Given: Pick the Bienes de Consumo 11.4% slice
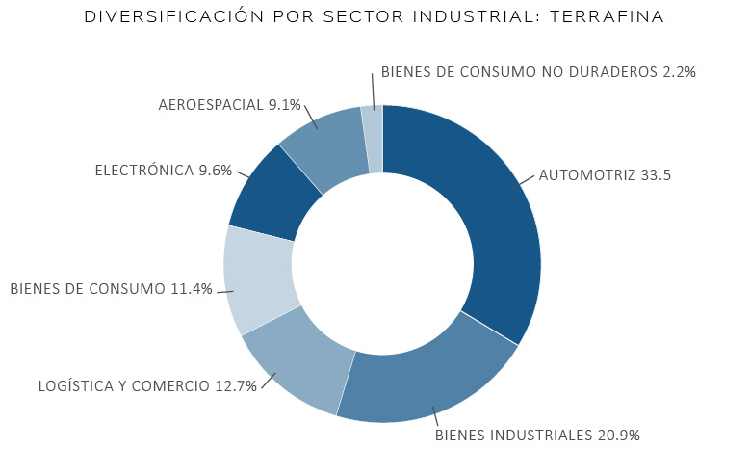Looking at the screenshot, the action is pos(259,280).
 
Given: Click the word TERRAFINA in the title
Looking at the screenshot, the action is pos(607,16).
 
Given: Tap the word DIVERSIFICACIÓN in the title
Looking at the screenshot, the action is pos(174,16).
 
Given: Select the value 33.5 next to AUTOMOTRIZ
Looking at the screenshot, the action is pos(656,175).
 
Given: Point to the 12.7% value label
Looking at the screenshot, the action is pos(236,386).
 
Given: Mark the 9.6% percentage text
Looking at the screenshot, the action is pos(216,171).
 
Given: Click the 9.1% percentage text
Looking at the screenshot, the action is pos(284,105).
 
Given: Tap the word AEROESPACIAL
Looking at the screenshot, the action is pos(211,105).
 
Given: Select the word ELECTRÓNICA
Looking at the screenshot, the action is pos(144,170).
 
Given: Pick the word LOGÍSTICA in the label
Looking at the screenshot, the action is pos(75,385).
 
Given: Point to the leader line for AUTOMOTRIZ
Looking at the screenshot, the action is pos(524,181).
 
